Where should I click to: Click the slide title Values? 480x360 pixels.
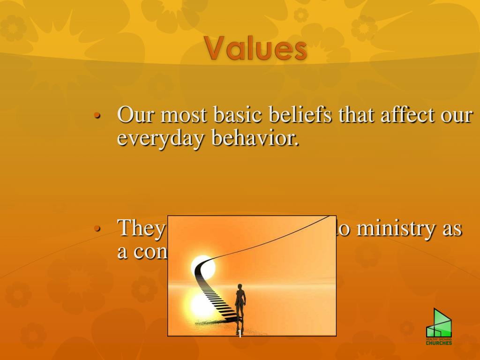tap(255, 49)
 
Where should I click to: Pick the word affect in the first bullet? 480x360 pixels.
tap(404, 115)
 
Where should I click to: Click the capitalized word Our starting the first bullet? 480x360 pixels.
tap(133, 115)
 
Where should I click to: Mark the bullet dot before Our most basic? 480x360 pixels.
tap(97, 116)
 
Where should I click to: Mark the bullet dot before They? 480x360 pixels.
tap(97, 229)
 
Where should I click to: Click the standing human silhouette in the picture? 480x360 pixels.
tap(240, 302)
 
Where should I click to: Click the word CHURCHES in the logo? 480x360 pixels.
tap(439, 343)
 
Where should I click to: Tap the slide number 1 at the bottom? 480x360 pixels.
tap(240, 334)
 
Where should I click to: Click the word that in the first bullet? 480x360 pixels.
tap(355, 115)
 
